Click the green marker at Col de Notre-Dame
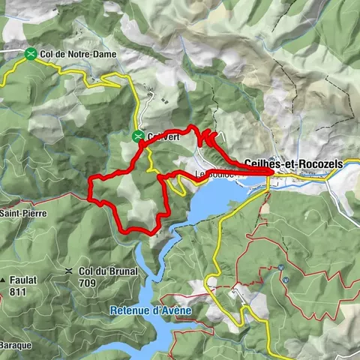(x=30, y=53)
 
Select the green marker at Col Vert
(x=138, y=136)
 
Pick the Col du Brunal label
(x=108, y=271)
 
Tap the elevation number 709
(x=108, y=283)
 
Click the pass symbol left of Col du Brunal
(x=69, y=271)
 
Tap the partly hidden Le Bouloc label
(x=215, y=175)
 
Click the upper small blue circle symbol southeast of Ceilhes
(x=280, y=268)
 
